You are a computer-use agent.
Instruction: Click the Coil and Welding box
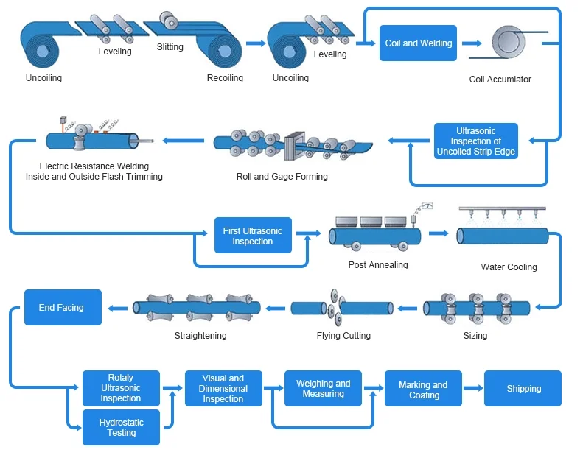tap(419, 43)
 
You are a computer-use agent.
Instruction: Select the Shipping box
tap(523, 389)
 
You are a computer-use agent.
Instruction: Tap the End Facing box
tap(63, 308)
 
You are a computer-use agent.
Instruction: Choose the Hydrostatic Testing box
tap(121, 428)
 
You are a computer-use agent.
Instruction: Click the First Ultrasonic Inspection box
tap(253, 236)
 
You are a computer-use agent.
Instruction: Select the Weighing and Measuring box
tap(323, 389)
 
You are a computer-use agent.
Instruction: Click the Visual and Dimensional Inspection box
tap(223, 389)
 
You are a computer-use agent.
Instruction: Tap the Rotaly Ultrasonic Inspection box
tap(121, 388)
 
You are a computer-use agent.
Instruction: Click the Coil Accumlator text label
tap(500, 80)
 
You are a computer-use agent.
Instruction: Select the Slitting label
tap(170, 47)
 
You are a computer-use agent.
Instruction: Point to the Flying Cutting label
tap(343, 336)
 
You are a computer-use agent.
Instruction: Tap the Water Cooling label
tap(509, 267)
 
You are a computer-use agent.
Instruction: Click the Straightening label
tap(200, 336)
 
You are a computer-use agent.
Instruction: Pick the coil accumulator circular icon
tap(505, 41)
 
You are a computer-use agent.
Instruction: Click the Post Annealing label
tap(378, 265)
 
